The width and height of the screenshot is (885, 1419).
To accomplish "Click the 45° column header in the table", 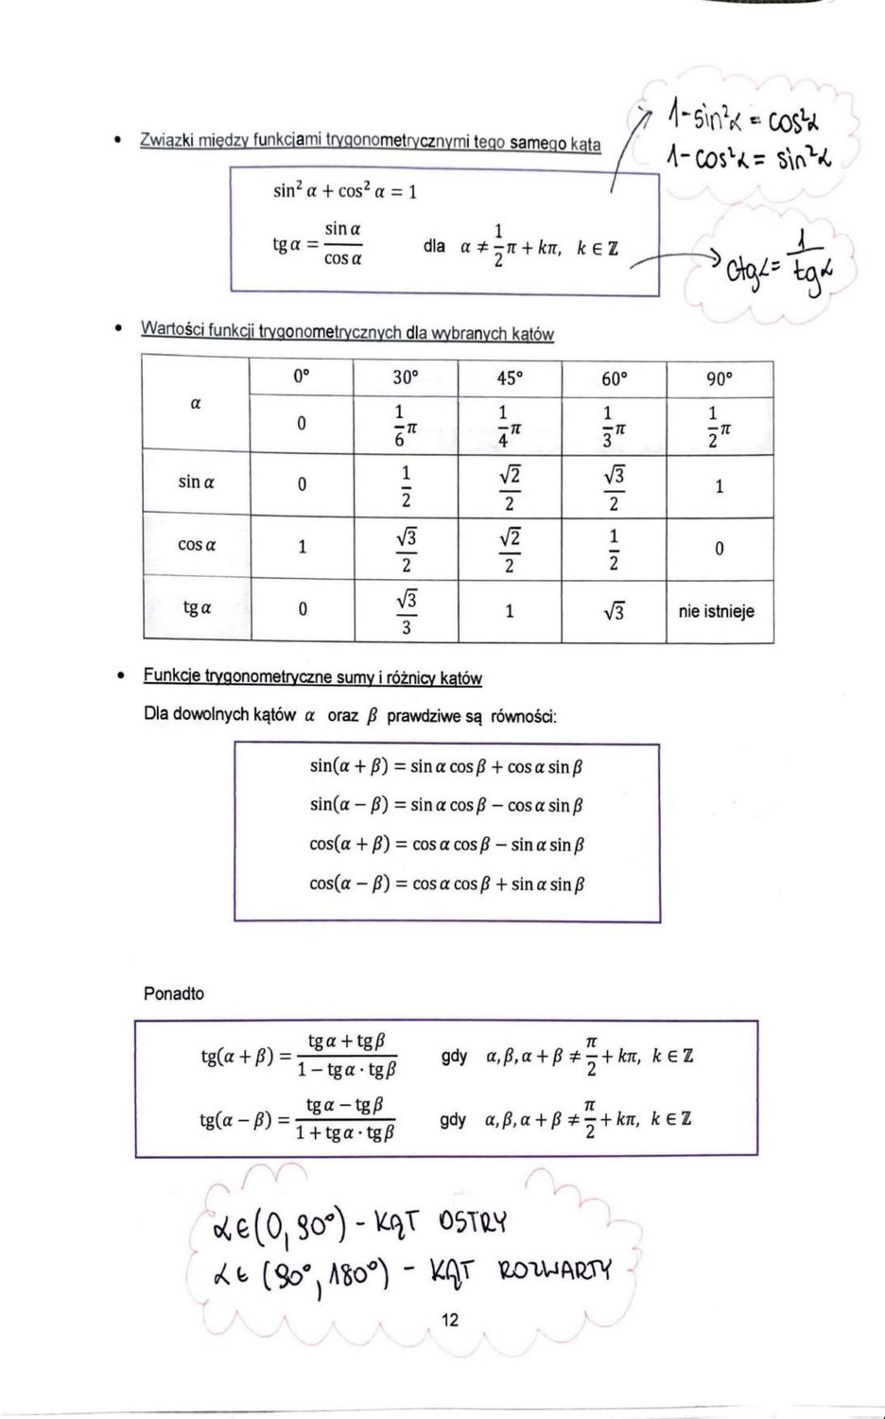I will click(x=509, y=378).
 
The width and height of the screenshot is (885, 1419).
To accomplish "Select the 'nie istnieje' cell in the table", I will click(x=717, y=612).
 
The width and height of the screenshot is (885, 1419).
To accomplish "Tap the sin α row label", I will click(x=196, y=482).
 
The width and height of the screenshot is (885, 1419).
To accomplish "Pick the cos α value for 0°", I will click(x=302, y=547).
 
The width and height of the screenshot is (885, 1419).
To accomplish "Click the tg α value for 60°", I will click(x=614, y=612).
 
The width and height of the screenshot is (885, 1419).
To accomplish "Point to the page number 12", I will click(x=450, y=1320).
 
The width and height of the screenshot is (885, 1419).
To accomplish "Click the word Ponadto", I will click(x=174, y=994).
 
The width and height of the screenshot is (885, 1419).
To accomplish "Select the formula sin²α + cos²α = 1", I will click(x=345, y=192).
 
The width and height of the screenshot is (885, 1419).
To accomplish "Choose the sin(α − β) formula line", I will click(x=446, y=806).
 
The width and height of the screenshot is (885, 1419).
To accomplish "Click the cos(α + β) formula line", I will click(x=446, y=845).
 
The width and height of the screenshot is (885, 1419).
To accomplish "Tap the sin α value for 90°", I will click(x=719, y=487).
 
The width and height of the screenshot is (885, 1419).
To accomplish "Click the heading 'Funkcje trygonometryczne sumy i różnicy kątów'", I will click(x=312, y=677).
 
